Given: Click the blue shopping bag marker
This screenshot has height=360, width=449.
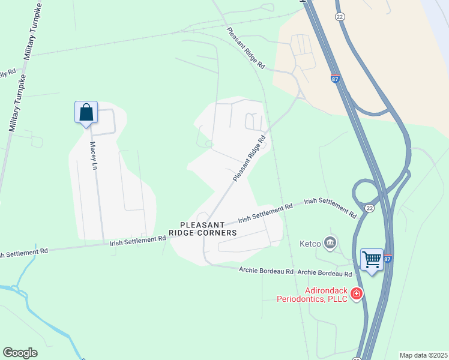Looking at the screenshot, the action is point(86,112).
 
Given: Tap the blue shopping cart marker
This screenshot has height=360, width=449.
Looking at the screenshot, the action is point(372,260).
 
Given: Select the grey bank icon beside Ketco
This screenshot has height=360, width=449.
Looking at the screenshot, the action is point(330,242).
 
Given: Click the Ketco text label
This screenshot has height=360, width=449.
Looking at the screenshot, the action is point(310,244).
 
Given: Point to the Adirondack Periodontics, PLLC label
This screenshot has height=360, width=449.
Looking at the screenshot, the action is point(312,294).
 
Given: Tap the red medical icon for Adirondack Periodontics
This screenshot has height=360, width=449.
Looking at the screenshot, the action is point(357,293).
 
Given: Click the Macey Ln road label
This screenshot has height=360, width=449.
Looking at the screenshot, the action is point(93,155).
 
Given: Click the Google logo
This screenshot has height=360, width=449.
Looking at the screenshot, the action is point(20,352).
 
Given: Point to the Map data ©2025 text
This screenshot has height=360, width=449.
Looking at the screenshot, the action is point(423,355).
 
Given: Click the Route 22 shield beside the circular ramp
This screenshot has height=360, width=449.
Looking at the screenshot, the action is point(370,208).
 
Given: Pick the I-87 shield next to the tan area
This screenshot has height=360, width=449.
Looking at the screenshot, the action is point(335,78).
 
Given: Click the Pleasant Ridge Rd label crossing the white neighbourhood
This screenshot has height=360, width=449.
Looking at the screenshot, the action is point(249,158).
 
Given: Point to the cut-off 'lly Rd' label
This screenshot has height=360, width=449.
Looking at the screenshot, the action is point(8,72).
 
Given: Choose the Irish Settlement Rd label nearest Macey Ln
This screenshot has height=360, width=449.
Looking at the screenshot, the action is point(137,240).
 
